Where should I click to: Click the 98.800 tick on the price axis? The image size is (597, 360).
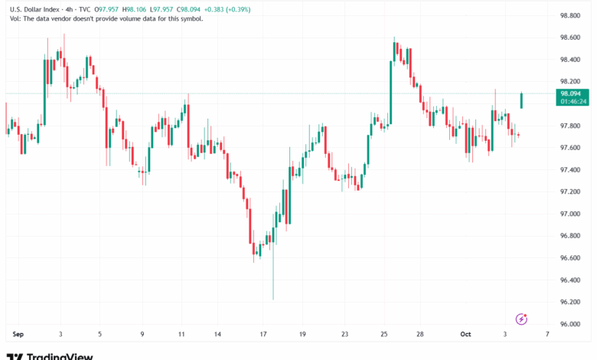click(x=569, y=15)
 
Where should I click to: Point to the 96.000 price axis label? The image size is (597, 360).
click(x=569, y=324)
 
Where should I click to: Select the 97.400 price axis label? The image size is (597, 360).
click(x=569, y=170)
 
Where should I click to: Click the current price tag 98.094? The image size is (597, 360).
click(x=569, y=93)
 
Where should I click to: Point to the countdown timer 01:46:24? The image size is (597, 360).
click(x=569, y=100)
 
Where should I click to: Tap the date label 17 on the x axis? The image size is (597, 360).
click(x=263, y=334)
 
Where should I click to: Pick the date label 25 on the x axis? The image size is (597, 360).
click(x=384, y=334)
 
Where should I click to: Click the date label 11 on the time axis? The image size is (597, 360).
click(x=181, y=334)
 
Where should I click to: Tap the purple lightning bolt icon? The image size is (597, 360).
click(x=523, y=319)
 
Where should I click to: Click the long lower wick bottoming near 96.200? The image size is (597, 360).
click(x=273, y=291)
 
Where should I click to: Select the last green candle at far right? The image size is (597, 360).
click(x=522, y=100)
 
